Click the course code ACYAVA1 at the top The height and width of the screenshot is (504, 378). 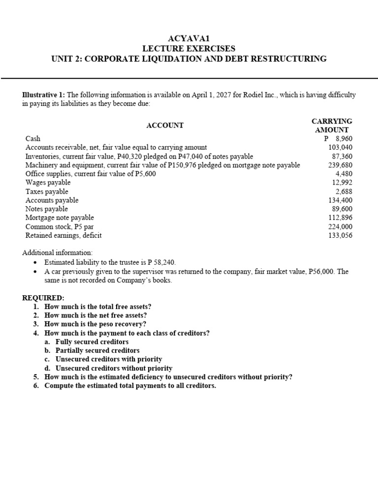189,38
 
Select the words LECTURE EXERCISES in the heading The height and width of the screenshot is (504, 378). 189,48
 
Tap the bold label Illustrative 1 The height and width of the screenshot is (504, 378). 43,95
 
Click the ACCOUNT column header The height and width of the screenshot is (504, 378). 165,126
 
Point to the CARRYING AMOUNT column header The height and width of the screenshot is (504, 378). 332,126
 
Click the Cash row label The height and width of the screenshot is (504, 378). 33,139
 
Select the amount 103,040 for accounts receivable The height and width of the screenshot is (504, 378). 340,147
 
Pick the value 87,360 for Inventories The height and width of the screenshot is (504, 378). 342,157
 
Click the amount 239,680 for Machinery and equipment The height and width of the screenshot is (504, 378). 340,165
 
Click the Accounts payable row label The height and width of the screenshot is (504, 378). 52,200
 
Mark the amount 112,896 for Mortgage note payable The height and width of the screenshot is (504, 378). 340,218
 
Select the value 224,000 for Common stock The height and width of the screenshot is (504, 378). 340,226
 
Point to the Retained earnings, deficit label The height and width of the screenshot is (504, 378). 63,235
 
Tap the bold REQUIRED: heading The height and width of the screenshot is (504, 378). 43,298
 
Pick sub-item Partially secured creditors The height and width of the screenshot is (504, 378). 97,350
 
